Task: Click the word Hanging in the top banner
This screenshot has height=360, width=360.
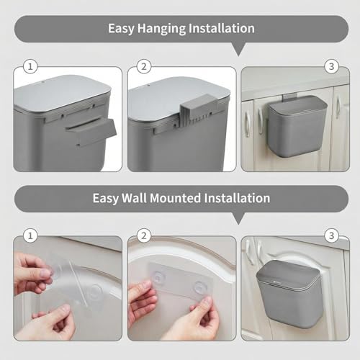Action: [x=161, y=29]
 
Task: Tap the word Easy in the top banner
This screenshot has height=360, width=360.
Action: [x=121, y=29]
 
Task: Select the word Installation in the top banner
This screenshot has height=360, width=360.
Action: [x=222, y=28]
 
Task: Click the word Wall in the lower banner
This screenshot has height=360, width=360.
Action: [x=134, y=198]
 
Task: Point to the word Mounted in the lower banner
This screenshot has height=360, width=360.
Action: [x=175, y=198]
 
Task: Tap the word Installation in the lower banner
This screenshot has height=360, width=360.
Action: [x=237, y=198]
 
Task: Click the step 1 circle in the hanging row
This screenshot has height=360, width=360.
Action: [x=30, y=66]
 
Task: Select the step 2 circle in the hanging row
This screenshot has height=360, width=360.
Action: [x=144, y=66]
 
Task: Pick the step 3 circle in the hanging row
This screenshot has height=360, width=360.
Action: [x=331, y=66]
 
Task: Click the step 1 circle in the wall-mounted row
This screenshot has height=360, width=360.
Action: [x=30, y=235]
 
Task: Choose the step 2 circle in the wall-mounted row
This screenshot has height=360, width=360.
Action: [x=144, y=235]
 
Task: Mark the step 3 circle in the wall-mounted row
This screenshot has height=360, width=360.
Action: [x=331, y=235]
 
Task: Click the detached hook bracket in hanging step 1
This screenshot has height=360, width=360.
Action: [x=91, y=132]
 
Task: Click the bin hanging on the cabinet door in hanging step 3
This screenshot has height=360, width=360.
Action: [x=297, y=126]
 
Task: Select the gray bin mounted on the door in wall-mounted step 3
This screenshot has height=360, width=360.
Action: [x=289, y=294]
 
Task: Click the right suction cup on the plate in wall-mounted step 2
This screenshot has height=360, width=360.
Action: [x=201, y=287]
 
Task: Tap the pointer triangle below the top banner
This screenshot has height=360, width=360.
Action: [x=238, y=50]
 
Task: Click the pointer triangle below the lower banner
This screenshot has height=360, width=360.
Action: [x=238, y=218]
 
